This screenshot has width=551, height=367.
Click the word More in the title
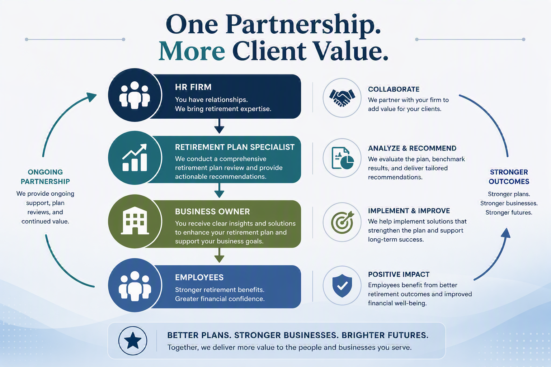pos(192,51)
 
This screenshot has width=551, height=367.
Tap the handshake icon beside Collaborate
pos(342,97)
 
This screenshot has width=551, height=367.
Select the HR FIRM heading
pos(193,87)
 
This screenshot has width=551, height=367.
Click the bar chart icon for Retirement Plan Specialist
pos(135,158)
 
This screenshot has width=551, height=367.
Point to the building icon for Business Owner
pos(135,221)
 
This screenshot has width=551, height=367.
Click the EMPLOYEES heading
pos(199,277)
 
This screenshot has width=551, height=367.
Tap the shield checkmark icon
pos(342,286)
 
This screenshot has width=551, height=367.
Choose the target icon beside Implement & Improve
pos(342,222)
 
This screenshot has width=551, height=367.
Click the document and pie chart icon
pos(343,158)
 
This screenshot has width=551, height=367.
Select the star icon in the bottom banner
pos(133,340)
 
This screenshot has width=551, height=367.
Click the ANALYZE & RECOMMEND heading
pos(412,148)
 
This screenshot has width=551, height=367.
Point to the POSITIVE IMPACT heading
pos(399,274)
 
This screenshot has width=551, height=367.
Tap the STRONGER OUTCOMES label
pos(509,177)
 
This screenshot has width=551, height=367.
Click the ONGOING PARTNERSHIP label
pos(45,177)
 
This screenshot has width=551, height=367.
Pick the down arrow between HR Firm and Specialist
pos(219,126)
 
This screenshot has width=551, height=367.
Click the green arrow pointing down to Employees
pos(219,255)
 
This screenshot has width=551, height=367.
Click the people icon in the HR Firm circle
pos(135,95)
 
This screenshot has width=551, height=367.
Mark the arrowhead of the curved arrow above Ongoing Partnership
pos(91,97)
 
